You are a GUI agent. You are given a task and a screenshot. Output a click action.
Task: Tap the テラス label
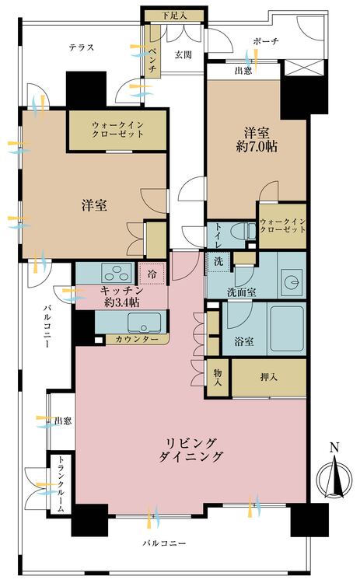pyautogui.click(x=82, y=47)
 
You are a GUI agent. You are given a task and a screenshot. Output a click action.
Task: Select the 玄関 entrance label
pyautogui.click(x=183, y=55)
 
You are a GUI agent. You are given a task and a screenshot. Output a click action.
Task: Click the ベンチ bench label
pyautogui.click(x=152, y=60)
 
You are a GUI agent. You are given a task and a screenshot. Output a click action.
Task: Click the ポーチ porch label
pyautogui.click(x=266, y=41)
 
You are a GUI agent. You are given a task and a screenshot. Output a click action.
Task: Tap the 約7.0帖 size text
pyautogui.click(x=257, y=147)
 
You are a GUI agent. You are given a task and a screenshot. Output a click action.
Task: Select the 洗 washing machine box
pyautogui.click(x=218, y=261)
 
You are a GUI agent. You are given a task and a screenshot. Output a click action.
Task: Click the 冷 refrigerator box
pyautogui.click(x=152, y=274)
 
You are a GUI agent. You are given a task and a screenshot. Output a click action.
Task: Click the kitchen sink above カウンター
pyautogui.click(x=145, y=323)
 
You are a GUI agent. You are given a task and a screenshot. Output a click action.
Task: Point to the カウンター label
pyautogui.click(x=137, y=340)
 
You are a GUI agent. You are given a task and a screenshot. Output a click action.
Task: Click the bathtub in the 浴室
pyautogui.click(x=287, y=328)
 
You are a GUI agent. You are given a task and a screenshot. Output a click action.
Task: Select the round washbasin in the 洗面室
pyautogui.click(x=292, y=283)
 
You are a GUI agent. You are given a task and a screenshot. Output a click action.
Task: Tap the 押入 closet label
pyautogui.click(x=268, y=377)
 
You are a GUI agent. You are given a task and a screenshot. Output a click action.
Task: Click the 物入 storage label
pyautogui.click(x=218, y=377)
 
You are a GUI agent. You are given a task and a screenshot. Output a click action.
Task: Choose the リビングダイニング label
pyautogui.click(x=190, y=450)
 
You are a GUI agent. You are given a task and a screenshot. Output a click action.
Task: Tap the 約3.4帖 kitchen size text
pyautogui.click(x=121, y=302)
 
